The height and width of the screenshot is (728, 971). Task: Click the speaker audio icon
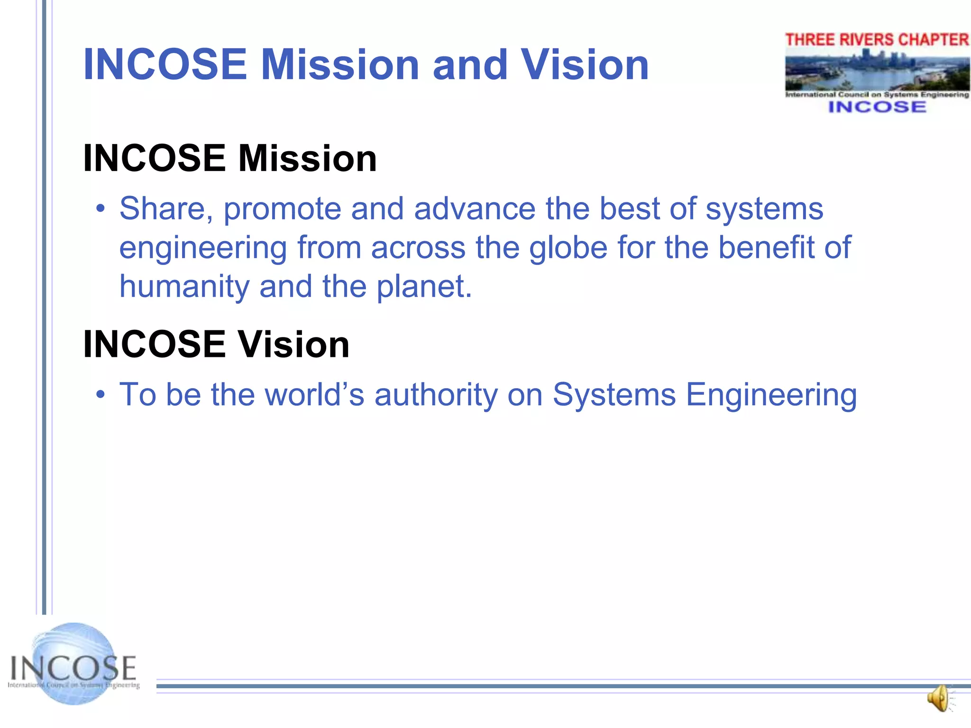pos(939,698)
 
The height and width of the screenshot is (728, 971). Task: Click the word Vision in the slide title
pos(585,65)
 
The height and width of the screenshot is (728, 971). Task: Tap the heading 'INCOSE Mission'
pos(230,158)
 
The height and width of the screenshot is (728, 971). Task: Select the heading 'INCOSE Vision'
pos(216,344)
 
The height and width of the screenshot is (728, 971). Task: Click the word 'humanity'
pos(184,287)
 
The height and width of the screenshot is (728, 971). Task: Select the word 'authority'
pos(436,395)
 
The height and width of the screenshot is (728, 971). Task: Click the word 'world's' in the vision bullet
pos(314,395)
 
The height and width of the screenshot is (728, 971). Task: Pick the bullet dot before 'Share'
pos(100,209)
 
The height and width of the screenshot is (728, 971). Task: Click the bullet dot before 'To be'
pos(100,395)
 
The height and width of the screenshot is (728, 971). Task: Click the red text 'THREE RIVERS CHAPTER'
pos(877,40)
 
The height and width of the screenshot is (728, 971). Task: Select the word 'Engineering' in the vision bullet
pos(771,395)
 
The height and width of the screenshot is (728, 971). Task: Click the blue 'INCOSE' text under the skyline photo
pos(877,107)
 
